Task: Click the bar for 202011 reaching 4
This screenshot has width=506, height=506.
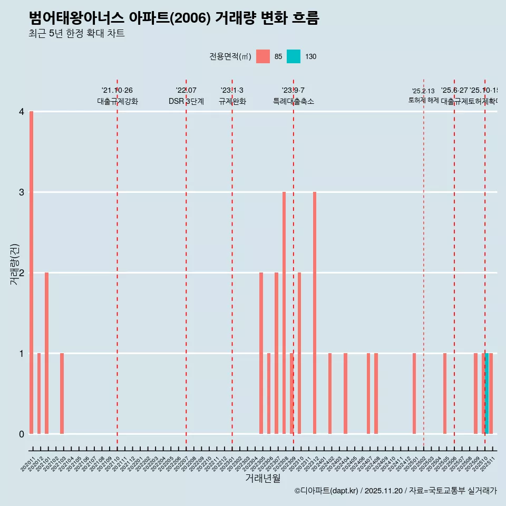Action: coord(32,273)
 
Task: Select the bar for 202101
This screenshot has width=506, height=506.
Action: coord(47,353)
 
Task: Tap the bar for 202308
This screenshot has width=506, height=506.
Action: coord(284,313)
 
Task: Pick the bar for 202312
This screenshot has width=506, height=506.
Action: coord(315,313)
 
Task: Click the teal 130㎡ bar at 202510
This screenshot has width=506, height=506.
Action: coord(487,393)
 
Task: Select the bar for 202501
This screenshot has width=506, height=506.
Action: coord(414,393)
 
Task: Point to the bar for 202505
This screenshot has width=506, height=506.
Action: coord(445,393)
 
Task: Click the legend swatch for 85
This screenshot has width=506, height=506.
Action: coord(263,56)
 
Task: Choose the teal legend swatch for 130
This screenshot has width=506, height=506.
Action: coord(294,56)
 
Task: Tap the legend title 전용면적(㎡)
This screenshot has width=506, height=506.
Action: coord(230,56)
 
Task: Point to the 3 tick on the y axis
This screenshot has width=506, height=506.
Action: coord(22,192)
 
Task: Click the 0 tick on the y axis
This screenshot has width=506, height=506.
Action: coord(22,434)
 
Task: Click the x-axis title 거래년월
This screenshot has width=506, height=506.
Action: coord(263,478)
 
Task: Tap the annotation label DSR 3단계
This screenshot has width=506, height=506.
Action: coord(186,101)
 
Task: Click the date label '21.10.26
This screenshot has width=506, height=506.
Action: coord(117,90)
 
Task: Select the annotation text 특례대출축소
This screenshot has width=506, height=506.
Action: coord(293,101)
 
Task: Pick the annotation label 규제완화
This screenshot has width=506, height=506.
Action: coord(232,101)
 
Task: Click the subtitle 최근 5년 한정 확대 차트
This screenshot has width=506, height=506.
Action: coord(76,34)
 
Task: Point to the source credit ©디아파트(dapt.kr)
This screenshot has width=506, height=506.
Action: coord(327,491)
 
